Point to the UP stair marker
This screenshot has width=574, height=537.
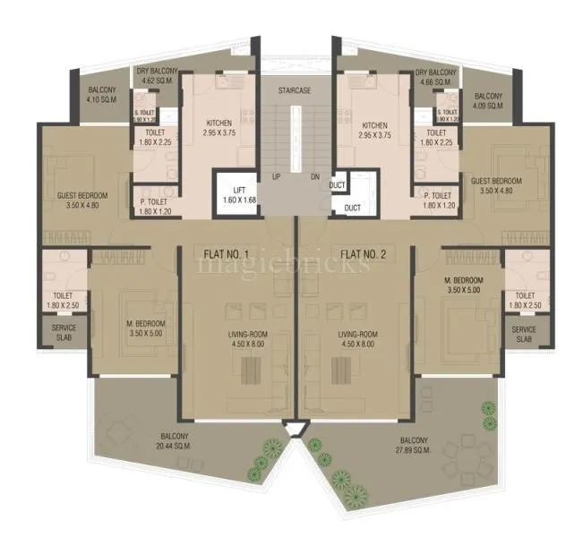[277, 176]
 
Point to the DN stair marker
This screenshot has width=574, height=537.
[313, 176]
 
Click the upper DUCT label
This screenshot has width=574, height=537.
[338, 186]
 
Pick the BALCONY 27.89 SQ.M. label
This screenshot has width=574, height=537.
[414, 445]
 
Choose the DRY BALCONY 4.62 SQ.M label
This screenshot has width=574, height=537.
[157, 76]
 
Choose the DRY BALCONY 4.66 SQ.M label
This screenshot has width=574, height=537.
[436, 76]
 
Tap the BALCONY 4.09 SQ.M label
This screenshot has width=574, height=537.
[488, 100]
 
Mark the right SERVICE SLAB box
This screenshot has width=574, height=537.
[524, 334]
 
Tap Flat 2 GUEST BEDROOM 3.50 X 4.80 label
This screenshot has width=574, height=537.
[495, 185]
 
